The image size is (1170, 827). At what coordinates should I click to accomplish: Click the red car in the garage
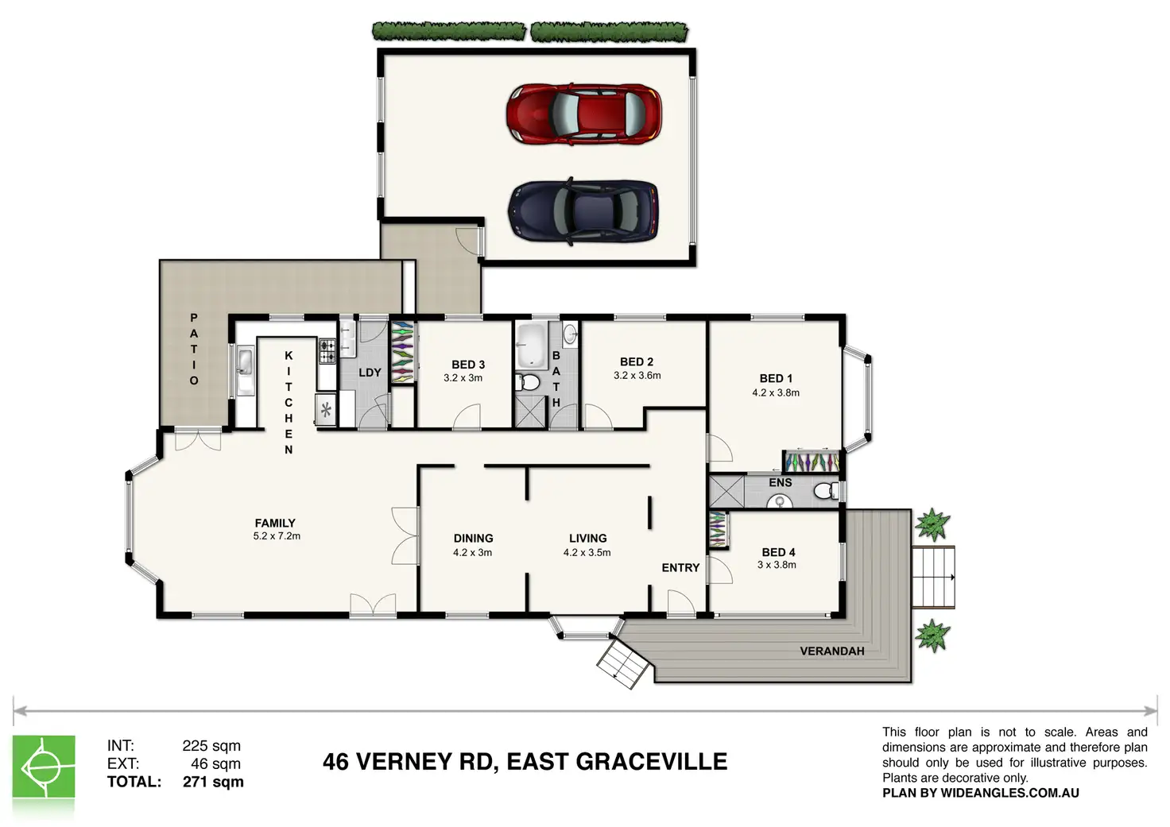click(583, 114)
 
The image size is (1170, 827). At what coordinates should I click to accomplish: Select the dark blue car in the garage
click(583, 212)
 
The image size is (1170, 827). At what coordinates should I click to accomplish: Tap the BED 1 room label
click(776, 378)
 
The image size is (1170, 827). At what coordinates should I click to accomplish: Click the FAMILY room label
click(275, 523)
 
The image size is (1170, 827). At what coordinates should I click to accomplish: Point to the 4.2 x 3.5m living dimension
click(587, 552)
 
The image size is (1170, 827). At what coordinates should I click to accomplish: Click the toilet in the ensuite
click(827, 491)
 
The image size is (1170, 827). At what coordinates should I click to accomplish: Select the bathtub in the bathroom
click(531, 346)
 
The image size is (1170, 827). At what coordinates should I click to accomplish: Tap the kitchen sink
click(245, 370)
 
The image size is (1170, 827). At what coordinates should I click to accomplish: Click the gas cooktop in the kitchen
click(327, 351)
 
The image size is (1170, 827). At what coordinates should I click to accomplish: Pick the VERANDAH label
click(832, 651)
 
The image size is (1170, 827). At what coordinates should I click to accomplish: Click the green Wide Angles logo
click(44, 767)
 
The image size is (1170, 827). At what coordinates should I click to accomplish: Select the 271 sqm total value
click(213, 782)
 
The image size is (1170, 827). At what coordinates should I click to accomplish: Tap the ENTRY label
click(680, 567)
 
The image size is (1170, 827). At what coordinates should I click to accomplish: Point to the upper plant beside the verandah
click(932, 524)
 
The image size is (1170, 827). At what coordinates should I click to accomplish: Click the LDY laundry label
click(370, 373)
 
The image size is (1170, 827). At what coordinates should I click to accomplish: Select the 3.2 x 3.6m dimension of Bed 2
click(637, 376)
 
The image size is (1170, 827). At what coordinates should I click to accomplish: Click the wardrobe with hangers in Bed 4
click(719, 529)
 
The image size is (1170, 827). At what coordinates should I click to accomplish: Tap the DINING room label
click(473, 539)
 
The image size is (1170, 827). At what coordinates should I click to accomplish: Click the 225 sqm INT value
click(211, 745)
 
